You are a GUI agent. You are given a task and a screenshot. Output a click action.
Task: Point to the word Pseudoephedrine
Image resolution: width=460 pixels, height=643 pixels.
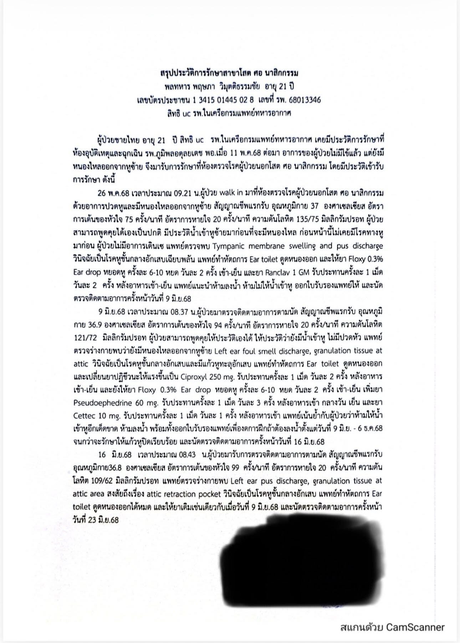(x=102, y=402)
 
